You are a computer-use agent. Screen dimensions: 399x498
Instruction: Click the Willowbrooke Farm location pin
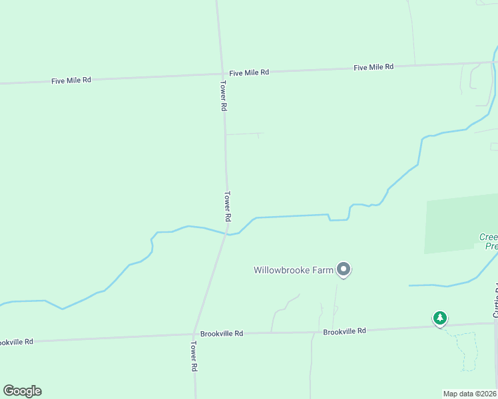[344, 269]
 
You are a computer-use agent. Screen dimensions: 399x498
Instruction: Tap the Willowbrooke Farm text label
[293, 270]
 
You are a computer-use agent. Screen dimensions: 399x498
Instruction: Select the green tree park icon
[439, 318]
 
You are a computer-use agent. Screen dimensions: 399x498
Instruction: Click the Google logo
[22, 390]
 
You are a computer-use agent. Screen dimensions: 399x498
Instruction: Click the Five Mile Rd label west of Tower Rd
[71, 80]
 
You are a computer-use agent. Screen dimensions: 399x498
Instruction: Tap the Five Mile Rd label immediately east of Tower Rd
[249, 72]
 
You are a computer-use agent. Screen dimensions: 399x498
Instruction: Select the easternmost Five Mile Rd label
[373, 67]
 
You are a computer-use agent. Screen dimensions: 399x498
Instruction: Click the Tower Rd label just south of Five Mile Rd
[224, 96]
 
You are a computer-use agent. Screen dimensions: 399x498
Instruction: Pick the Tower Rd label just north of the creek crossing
[227, 206]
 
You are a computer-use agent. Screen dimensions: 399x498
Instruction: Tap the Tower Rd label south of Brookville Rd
[194, 356]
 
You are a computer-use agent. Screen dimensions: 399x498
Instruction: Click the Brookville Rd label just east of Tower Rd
[222, 333]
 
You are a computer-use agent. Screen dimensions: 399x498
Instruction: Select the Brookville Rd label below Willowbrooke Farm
[344, 331]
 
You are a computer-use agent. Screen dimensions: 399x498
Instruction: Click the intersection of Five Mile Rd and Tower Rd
[222, 74]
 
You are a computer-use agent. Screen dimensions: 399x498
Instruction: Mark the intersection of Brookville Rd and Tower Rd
[193, 334]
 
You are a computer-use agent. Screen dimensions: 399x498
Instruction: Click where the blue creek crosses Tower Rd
[228, 234]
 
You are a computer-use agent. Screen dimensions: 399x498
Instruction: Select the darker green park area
[459, 223]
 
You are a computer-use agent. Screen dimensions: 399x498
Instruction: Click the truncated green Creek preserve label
[489, 241]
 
